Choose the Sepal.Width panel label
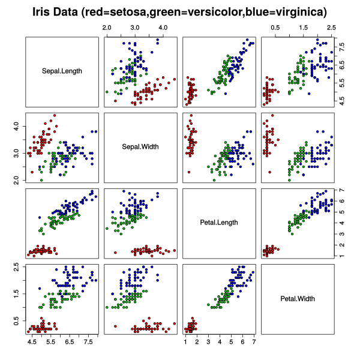[140, 147]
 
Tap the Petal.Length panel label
[219, 223]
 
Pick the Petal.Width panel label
[298, 298]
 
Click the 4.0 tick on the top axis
[163, 28]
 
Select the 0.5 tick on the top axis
[275, 28]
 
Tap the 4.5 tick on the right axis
[341, 103]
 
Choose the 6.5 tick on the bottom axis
[70, 341]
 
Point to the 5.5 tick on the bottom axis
[51, 341]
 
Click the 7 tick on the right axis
[341, 190]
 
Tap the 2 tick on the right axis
[341, 245]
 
